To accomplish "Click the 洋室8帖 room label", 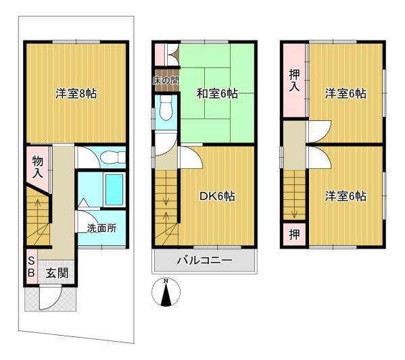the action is click(76, 93).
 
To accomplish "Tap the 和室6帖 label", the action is click(217, 93).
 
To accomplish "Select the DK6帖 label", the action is click(217, 197).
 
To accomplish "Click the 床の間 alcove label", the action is click(166, 80).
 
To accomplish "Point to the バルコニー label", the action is click(204, 261).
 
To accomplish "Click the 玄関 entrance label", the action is click(57, 273).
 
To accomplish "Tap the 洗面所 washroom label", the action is click(101, 228).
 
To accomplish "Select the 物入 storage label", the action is click(38, 168).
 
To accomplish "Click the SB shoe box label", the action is click(31, 267).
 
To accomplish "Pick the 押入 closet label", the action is click(294, 80).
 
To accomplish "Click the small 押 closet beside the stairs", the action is click(294, 234).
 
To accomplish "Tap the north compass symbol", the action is click(166, 292).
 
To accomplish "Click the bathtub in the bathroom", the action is click(114, 190).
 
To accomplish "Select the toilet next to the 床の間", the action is click(166, 108).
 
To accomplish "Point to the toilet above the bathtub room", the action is click(113, 157).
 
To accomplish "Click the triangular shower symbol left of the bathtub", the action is click(83, 203).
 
